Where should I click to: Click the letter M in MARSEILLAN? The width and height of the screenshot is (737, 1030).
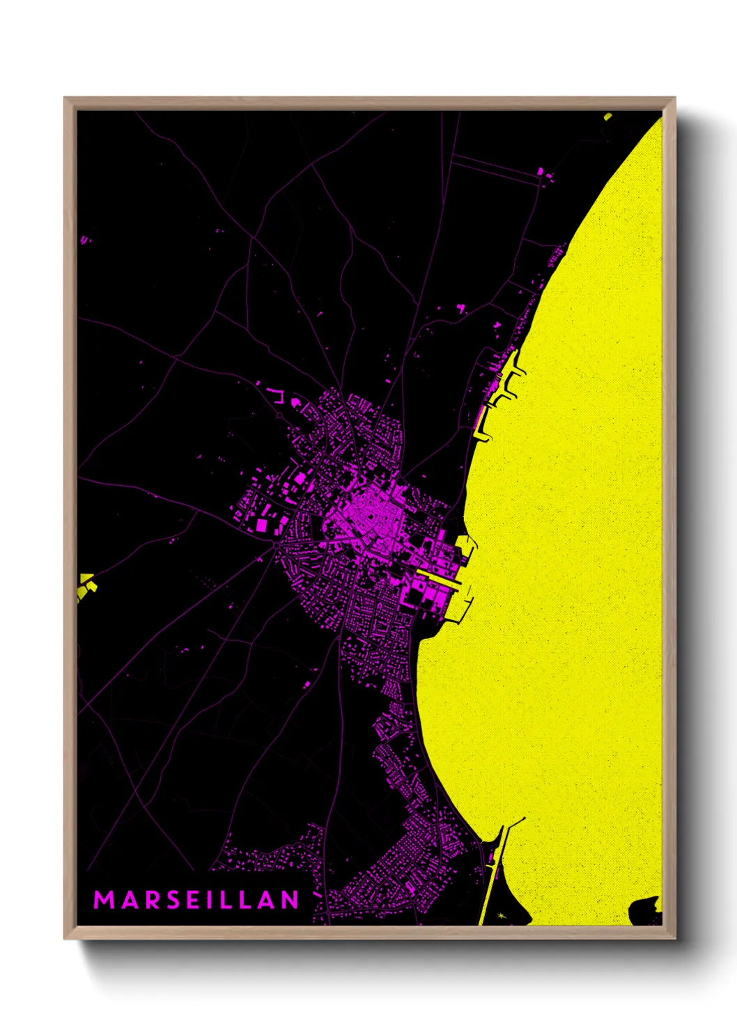[x=103, y=900]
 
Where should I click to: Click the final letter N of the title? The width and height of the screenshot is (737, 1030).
[x=290, y=900]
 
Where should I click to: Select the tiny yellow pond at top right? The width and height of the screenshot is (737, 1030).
[x=607, y=116]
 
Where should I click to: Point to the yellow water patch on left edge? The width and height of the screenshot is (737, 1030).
[x=86, y=585]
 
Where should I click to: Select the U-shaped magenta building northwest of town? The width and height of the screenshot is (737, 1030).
[x=278, y=396]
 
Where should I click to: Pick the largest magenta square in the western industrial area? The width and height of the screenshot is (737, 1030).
[x=263, y=525]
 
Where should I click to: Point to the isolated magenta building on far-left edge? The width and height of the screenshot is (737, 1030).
[x=84, y=239]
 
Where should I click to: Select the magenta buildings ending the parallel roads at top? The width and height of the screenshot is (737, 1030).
[x=541, y=172]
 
